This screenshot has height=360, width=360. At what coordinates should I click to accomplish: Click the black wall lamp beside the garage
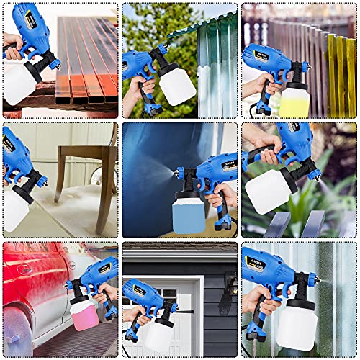tap(229, 284)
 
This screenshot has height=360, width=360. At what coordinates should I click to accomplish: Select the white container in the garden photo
tap(268, 191)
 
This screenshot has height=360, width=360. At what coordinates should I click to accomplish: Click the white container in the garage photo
tap(160, 335)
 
